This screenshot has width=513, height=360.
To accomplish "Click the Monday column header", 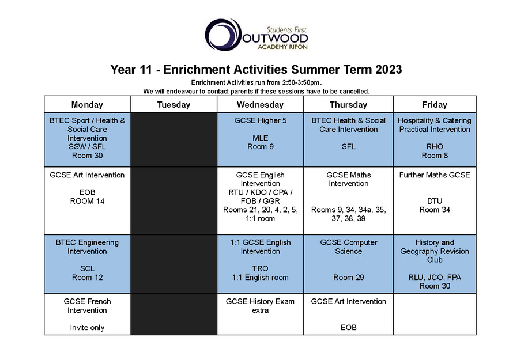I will click(x=87, y=105).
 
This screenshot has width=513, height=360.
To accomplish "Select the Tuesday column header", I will click(x=173, y=105).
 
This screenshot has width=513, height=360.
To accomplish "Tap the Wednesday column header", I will click(x=260, y=105).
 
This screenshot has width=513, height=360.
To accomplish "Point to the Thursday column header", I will click(x=348, y=105).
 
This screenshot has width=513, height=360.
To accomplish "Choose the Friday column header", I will click(x=435, y=105).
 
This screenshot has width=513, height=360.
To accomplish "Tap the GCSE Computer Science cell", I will click(x=348, y=264).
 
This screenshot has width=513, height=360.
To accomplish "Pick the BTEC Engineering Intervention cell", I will click(x=87, y=264).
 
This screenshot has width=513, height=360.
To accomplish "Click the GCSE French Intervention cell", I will click(x=87, y=314).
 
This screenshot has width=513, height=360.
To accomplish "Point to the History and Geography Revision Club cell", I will click(x=435, y=264).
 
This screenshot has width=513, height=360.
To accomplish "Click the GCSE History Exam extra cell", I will click(x=260, y=314).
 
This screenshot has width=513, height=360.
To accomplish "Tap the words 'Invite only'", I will click(x=87, y=328).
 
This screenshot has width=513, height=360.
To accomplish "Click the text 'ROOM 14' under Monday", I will click(x=87, y=201).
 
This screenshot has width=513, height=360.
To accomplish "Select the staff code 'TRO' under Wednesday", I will click(x=260, y=268).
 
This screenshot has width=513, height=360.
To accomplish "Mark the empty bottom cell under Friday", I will click(x=435, y=314).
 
